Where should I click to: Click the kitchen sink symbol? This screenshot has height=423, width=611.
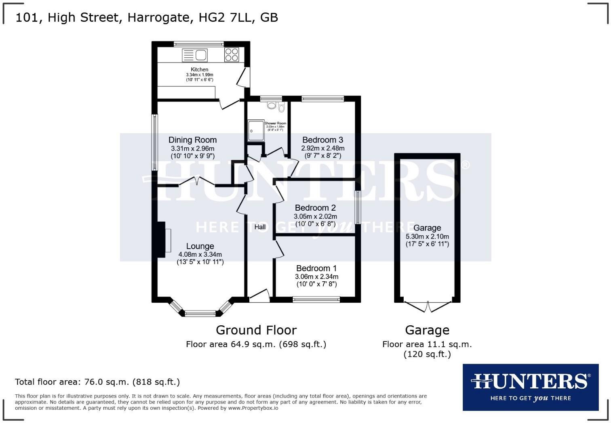click(x=195, y=55)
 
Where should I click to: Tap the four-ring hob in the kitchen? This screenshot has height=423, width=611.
click(x=232, y=54)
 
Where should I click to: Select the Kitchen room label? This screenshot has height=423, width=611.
click(x=200, y=69)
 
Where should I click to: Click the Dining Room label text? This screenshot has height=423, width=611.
click(x=192, y=140)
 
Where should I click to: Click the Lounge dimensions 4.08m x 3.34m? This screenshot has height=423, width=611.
click(x=200, y=255)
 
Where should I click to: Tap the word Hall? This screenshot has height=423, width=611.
click(x=260, y=227)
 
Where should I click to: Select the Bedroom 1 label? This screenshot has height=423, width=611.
click(x=316, y=268)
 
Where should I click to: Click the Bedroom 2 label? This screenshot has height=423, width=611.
click(x=315, y=208)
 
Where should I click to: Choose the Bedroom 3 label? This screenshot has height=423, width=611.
click(x=322, y=140)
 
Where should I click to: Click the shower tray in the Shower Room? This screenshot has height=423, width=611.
click(x=256, y=130)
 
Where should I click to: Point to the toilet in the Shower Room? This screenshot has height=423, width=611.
click(x=281, y=107)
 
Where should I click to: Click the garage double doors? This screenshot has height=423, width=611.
click(x=428, y=306)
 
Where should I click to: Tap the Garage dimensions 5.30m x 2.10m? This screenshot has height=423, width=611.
click(x=427, y=237)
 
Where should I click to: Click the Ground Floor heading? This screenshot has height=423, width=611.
click(x=256, y=330)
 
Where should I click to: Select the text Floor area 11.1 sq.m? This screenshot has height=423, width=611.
click(x=427, y=344)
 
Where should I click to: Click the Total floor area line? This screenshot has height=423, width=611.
click(x=97, y=382)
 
